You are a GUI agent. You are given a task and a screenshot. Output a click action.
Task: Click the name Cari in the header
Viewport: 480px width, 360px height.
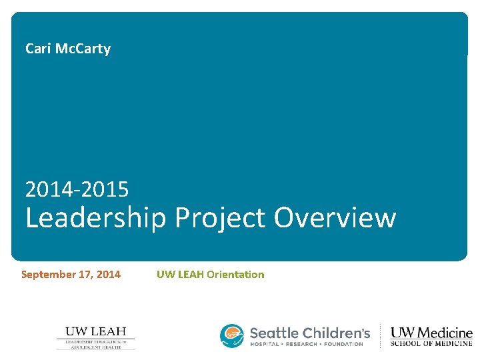(x=37, y=49)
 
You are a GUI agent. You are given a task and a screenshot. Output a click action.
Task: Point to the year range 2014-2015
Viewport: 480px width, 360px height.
(x=77, y=190)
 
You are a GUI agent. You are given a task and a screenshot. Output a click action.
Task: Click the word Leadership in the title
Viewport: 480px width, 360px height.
(x=95, y=219)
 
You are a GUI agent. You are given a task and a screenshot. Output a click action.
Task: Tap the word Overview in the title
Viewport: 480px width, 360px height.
(x=335, y=217)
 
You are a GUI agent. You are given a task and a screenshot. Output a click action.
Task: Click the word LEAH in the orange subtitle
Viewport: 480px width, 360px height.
(x=189, y=274)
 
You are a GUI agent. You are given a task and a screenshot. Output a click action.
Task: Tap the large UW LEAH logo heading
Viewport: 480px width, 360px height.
(x=95, y=331)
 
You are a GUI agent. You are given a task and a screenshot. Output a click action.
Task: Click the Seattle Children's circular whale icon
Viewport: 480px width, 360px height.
(x=232, y=335)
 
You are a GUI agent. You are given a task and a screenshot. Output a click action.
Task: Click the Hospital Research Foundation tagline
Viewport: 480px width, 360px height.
(x=306, y=344)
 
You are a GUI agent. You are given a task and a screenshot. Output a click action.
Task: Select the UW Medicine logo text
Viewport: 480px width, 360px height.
(x=431, y=333)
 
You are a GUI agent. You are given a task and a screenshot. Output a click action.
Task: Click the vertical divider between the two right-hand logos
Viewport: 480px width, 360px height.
(x=381, y=337)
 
